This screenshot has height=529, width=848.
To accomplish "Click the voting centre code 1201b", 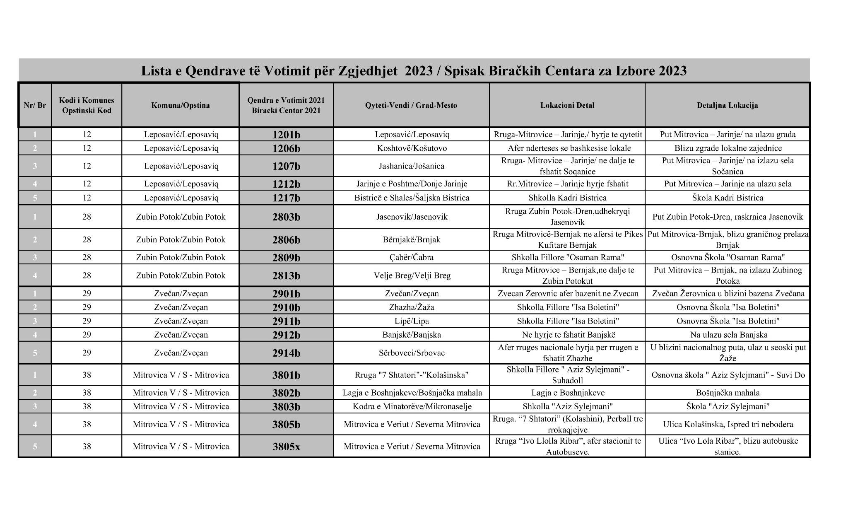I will (x=286, y=135).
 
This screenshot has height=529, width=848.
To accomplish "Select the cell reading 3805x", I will (x=286, y=447).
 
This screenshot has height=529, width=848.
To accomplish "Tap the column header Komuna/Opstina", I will (x=180, y=105).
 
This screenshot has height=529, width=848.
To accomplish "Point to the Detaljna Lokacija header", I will (x=727, y=105).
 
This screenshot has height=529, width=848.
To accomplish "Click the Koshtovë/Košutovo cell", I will (x=412, y=148).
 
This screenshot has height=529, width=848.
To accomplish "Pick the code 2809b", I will (x=286, y=258).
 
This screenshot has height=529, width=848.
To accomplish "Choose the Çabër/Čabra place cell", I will (x=412, y=257).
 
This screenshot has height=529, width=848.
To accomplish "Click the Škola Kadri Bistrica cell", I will (x=727, y=198).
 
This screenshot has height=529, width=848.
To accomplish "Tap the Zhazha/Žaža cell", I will (x=412, y=307).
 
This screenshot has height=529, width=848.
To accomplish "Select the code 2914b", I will (x=286, y=353).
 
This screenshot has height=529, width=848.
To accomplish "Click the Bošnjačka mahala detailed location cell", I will (x=727, y=393).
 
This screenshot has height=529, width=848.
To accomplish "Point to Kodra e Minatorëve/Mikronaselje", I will (x=412, y=406).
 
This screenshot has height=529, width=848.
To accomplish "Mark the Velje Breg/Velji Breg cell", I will (x=412, y=275).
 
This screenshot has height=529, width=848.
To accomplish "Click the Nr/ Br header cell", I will (x=35, y=105).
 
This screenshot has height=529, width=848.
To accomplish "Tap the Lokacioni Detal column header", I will (x=567, y=105).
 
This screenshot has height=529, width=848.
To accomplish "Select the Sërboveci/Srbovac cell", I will (x=412, y=353).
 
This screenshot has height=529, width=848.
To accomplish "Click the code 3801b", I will (x=286, y=375).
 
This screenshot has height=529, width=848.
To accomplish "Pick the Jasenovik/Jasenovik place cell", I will (x=412, y=217).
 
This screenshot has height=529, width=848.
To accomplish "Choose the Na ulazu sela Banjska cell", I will (x=727, y=335).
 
